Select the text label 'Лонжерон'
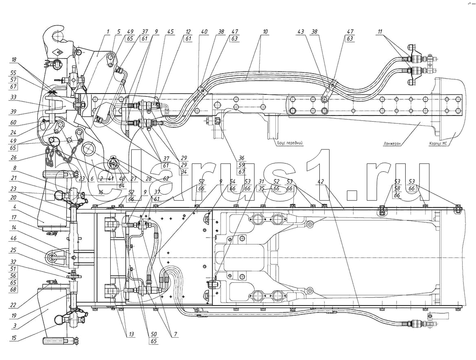click(393, 143)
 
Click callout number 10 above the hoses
click(265, 32)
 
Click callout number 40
click(203, 32)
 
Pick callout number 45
click(170, 32)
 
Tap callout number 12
click(188, 32)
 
